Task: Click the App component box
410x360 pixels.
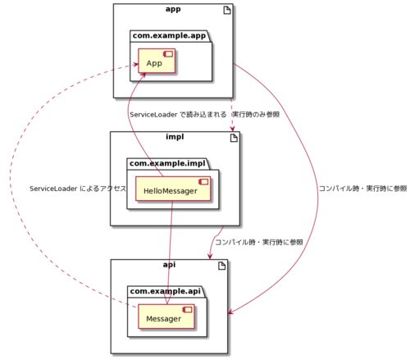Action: (x=157, y=61)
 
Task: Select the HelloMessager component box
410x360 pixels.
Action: (x=173, y=189)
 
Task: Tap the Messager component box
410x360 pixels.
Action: (x=166, y=317)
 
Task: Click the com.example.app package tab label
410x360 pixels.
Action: (x=169, y=36)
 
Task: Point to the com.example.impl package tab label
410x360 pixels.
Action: (x=167, y=163)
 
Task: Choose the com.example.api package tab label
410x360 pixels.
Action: (x=165, y=291)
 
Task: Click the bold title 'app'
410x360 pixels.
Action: (x=173, y=9)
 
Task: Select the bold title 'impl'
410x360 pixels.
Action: (x=175, y=137)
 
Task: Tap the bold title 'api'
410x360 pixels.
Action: (x=169, y=264)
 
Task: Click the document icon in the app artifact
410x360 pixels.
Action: (x=227, y=11)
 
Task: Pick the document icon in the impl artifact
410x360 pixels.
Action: (x=234, y=138)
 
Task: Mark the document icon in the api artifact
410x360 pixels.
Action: (x=222, y=266)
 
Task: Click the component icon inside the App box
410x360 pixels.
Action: (x=168, y=54)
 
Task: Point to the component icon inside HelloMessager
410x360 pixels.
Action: (x=203, y=182)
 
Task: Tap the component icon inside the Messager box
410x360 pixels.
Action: (x=188, y=310)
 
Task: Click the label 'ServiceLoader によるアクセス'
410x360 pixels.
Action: (x=78, y=189)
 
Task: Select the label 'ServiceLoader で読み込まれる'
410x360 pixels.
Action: (x=178, y=115)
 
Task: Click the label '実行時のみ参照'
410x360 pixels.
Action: (x=256, y=114)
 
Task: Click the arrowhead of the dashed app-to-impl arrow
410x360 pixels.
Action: (x=233, y=129)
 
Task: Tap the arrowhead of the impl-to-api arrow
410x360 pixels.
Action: (x=210, y=256)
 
